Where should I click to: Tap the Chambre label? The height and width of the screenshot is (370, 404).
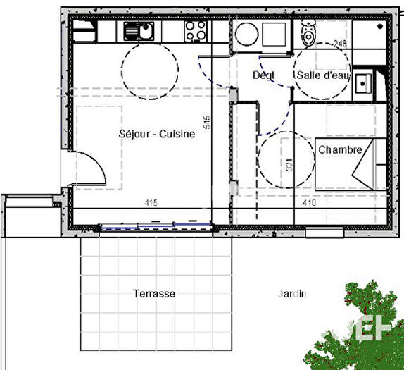[x=340, y=150]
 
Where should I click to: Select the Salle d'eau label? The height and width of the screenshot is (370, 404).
[x=322, y=75]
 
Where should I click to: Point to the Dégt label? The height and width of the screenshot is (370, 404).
[x=263, y=75]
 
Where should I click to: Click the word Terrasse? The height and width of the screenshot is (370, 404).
[x=154, y=293]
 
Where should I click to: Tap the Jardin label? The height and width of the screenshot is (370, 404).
[x=292, y=295]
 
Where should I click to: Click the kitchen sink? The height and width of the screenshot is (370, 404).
[x=139, y=30]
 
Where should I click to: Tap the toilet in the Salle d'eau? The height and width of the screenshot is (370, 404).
[x=308, y=32]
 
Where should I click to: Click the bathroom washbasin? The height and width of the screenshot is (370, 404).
[x=365, y=82]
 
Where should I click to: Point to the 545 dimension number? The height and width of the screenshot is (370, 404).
[x=207, y=123]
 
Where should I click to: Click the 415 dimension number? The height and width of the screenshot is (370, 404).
[x=151, y=203]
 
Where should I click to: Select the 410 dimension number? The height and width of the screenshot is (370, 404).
[x=309, y=203]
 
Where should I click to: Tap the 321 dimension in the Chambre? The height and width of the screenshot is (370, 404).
[x=289, y=166]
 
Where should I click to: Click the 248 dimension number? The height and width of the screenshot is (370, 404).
[x=341, y=44]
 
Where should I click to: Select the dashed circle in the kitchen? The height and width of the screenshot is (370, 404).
[x=149, y=68]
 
